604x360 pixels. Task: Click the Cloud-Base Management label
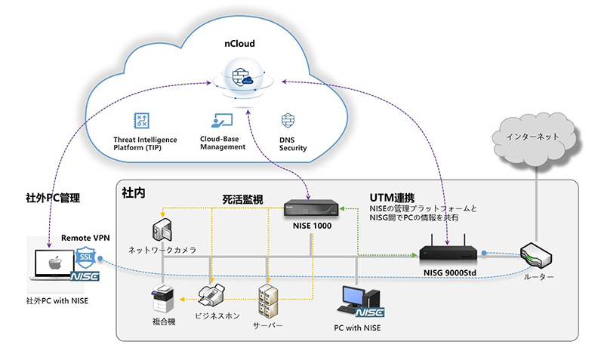[x=223, y=142]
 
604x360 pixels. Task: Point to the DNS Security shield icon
[x=288, y=122]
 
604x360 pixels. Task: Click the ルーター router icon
[x=537, y=257]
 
